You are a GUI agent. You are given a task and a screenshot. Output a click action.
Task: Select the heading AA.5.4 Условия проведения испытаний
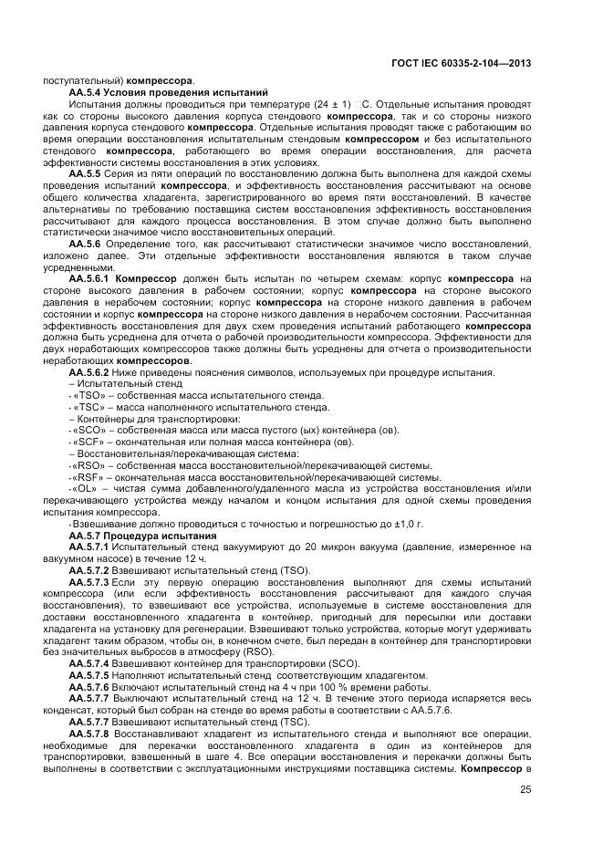coord(169,92)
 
